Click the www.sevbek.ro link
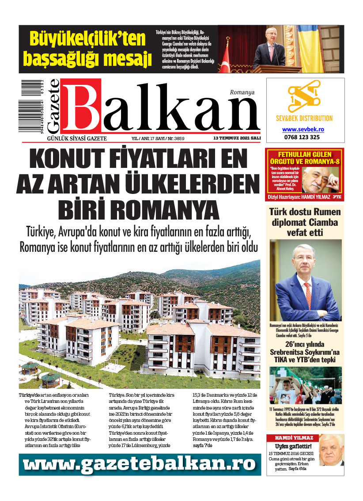pos(303,129)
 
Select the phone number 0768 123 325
pos(303,137)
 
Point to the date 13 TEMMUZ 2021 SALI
pos(237,138)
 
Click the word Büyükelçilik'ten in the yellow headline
pos(87,39)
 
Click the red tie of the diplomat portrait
pos(307,296)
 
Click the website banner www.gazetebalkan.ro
pos(140,464)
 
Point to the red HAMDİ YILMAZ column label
pos(294,438)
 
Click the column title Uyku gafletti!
pos(287,446)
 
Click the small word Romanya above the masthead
pos(242,93)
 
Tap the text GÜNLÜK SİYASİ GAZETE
pos(77,138)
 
